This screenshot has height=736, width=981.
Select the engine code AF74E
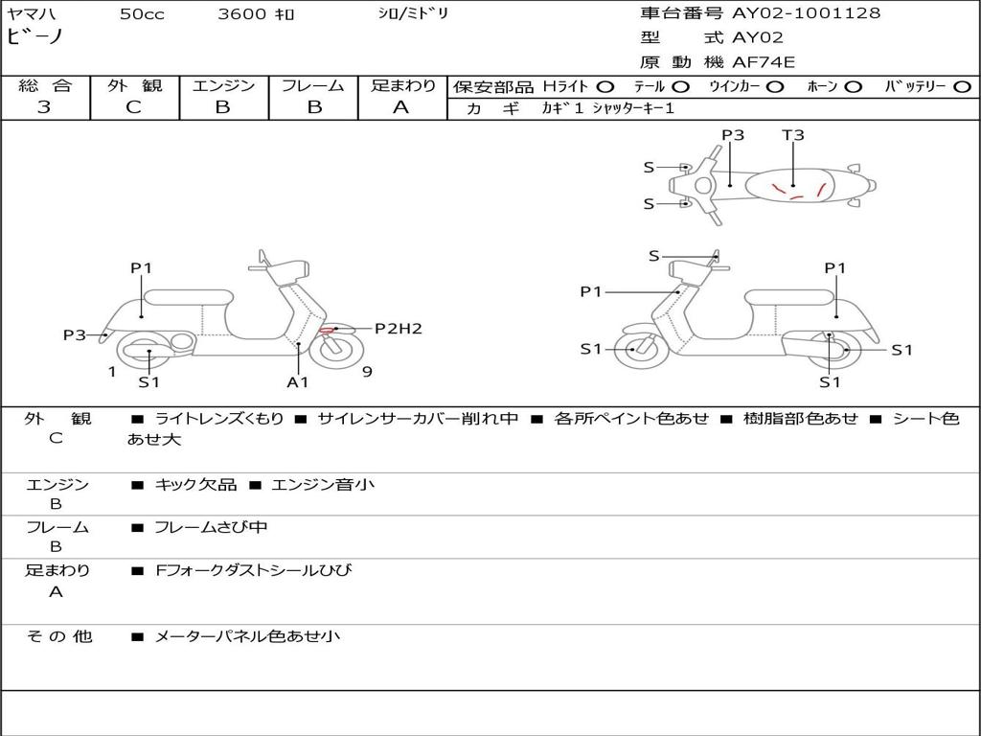pyautogui.click(x=764, y=62)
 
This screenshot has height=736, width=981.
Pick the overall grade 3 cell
pyautogui.click(x=44, y=107)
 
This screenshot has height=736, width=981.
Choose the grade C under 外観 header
pyautogui.click(x=134, y=107)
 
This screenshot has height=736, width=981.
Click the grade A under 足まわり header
pyautogui.click(x=401, y=107)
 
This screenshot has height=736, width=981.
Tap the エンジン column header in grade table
pyautogui.click(x=223, y=85)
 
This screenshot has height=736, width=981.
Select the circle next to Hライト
pyautogui.click(x=605, y=86)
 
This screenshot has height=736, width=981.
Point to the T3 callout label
pyautogui.click(x=793, y=135)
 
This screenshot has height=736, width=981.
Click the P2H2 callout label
pyautogui.click(x=398, y=329)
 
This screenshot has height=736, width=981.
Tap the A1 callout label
pyautogui.click(x=298, y=381)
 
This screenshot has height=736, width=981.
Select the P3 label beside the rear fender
pyautogui.click(x=75, y=334)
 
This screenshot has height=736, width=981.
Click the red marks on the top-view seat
pyautogui.click(x=798, y=191)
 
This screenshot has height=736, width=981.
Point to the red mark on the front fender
pyautogui.click(x=328, y=331)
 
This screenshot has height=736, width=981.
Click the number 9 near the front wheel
pyautogui.click(x=367, y=371)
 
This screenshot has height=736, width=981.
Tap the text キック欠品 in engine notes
pyautogui.click(x=195, y=485)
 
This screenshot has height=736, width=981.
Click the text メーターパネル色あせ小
pyautogui.click(x=247, y=636)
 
